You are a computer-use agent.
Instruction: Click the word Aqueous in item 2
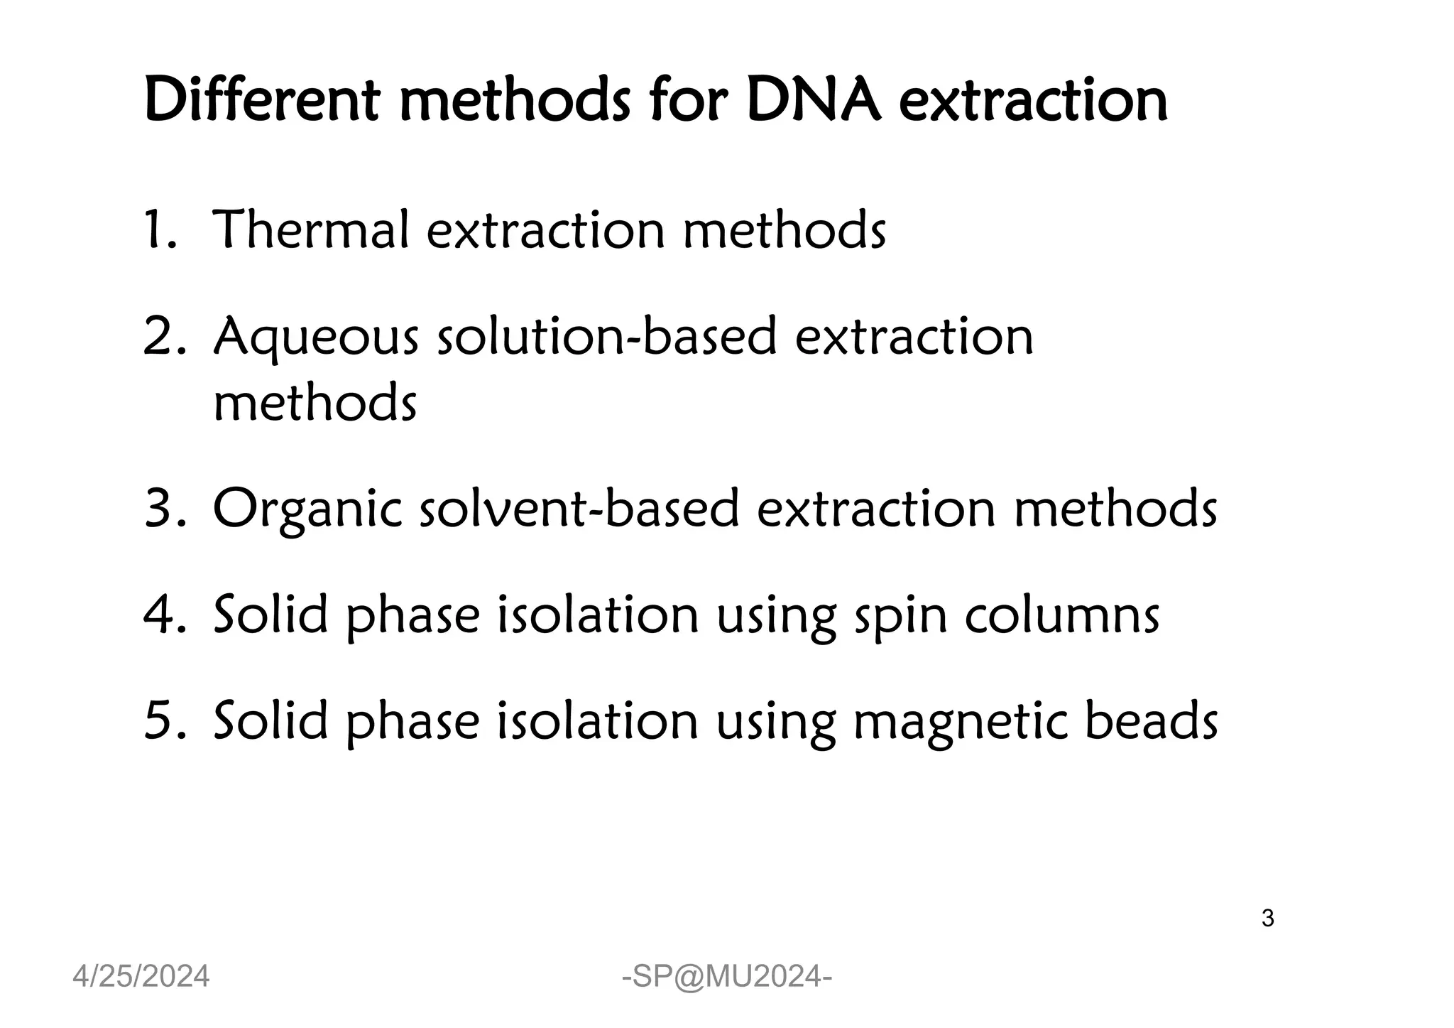(x=316, y=338)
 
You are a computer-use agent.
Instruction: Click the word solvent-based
(x=579, y=510)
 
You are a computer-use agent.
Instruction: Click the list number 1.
(x=158, y=230)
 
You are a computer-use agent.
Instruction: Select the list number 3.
(x=163, y=510)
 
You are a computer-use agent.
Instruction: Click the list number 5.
(x=163, y=721)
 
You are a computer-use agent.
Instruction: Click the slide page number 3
(x=1267, y=919)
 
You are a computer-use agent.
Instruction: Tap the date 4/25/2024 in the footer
(x=141, y=977)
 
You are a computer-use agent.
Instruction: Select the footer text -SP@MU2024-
(x=727, y=978)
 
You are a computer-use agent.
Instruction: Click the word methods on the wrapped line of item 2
(x=315, y=403)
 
